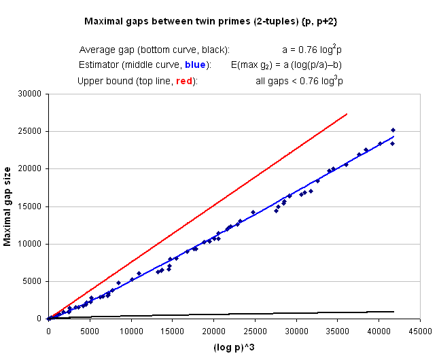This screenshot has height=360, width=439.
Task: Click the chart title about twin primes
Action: [211, 22]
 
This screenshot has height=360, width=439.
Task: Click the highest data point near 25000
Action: [393, 130]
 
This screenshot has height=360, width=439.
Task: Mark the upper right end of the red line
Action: [347, 114]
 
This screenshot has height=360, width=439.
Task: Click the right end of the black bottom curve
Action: [393, 312]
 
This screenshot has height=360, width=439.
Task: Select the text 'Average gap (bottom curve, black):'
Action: [154, 50]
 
